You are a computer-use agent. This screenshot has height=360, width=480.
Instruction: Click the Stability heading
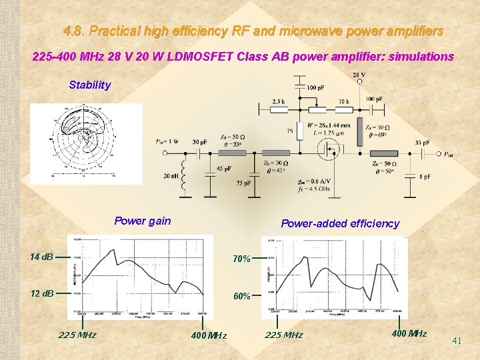pyautogui.click(x=90, y=85)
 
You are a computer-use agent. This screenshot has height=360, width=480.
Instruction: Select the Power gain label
pyautogui.click(x=143, y=221)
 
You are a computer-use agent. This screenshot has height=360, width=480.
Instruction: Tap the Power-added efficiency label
pyautogui.click(x=340, y=223)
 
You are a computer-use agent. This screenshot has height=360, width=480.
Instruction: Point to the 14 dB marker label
pyautogui.click(x=41, y=257)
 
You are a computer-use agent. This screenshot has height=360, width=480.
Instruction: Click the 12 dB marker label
pyautogui.click(x=41, y=293)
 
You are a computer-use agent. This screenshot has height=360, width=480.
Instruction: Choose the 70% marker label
pyautogui.click(x=241, y=259)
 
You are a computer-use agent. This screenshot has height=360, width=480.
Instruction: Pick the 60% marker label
pyautogui.click(x=241, y=296)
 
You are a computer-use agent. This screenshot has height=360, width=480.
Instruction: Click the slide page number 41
pyautogui.click(x=457, y=341)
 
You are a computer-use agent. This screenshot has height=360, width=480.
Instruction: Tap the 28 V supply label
pyautogui.click(x=358, y=75)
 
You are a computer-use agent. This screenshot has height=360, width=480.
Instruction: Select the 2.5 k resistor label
pyautogui.click(x=278, y=101)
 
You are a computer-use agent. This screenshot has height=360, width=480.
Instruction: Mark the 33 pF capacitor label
pyautogui.click(x=422, y=142)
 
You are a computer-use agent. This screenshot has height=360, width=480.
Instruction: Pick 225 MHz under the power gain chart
pyautogui.click(x=77, y=335)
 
